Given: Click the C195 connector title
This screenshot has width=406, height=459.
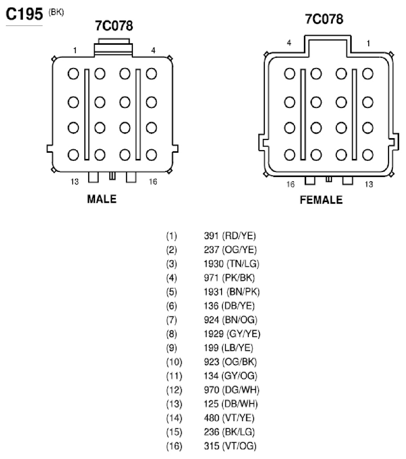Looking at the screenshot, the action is point(24,14).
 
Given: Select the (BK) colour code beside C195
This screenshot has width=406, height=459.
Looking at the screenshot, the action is point(56,12).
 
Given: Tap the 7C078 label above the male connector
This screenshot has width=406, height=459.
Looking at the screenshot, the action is point(114,26).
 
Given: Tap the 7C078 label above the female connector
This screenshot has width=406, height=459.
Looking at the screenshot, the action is point(324,19).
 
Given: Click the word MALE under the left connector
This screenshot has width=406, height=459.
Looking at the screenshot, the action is point(102,199).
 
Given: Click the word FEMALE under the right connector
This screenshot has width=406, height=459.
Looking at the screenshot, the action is point(321,200).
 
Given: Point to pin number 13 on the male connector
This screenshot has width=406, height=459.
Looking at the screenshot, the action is point(75,182).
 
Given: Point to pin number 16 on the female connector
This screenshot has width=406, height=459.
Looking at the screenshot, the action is point(291,184).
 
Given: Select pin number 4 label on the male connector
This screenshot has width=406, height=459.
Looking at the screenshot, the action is point(153,51).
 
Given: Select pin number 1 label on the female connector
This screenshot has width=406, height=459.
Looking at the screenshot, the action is point(368,44).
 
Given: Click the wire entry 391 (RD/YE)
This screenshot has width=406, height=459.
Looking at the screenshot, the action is point(230,236).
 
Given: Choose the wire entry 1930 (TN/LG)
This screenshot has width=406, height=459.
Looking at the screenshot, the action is point(231,264).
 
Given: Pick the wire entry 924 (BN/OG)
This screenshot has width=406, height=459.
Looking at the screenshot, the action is point(231,320).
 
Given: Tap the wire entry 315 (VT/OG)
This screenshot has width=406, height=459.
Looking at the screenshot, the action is point(230,446).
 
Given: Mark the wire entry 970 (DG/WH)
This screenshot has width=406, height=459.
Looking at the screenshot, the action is point(232,390).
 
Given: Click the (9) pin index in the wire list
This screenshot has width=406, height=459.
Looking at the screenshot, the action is point(171,348).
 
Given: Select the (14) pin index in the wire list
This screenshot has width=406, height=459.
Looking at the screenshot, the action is point(174,418).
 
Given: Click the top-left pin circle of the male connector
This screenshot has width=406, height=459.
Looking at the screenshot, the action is point(73,74).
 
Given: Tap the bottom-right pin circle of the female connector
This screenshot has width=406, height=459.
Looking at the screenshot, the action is point(368,155).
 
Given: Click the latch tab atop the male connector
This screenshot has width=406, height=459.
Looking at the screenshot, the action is point(114,47).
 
